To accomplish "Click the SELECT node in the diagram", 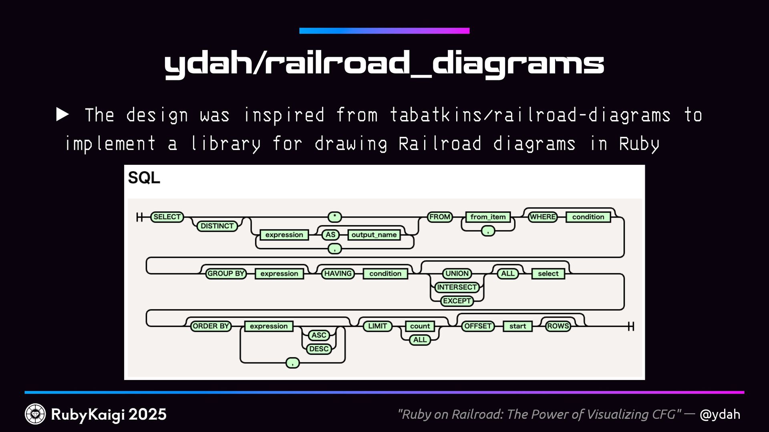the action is point(167,217).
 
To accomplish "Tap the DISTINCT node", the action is point(217,226).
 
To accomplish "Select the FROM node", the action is point(440,217).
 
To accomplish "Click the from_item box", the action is point(488,217).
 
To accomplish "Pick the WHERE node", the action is point(543,217).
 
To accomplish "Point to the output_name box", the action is point(374,235).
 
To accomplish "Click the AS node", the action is point(330,235).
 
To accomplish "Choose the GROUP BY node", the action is point(225,274).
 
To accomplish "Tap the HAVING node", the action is point(338,274).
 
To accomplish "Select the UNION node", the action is point(457,274).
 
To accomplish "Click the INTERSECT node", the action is point(457,287).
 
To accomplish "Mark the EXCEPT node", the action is point(457,301).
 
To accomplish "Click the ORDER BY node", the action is point(211,326).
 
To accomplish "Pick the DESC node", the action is point(319,349).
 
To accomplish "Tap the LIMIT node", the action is point(377,326).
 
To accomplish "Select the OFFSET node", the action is point(477,326).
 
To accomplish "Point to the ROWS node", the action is point(558,326).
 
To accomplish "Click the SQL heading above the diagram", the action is point(144,178).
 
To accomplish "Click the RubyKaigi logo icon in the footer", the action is point(35,414).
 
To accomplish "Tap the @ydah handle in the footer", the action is point(720,414).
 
